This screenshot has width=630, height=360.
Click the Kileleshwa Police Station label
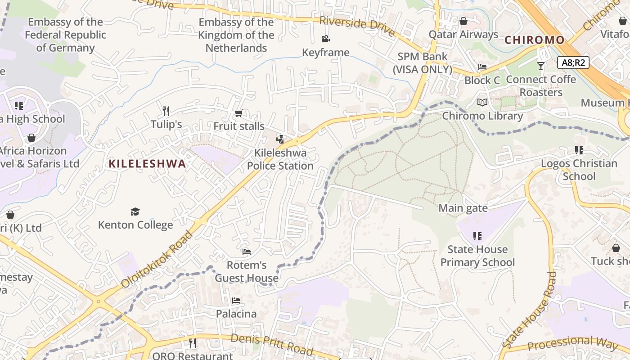(280, 159)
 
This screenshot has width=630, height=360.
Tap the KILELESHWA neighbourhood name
(147, 164)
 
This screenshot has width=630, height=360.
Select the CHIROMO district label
(534, 40)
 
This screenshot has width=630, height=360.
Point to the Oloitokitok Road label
(157, 259)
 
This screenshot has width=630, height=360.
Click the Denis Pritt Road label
(272, 344)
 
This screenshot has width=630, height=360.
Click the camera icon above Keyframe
(325, 39)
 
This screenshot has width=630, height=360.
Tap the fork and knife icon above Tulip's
(166, 111)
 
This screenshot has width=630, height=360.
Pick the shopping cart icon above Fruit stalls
(238, 113)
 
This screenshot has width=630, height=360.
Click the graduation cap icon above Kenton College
(135, 211)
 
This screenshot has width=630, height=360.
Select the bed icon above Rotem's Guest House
(246, 252)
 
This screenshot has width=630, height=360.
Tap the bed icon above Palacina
(236, 301)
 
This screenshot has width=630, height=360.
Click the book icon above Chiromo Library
(482, 103)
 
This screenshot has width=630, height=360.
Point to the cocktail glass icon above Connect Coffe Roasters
(541, 66)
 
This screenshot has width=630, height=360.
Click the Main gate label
(463, 208)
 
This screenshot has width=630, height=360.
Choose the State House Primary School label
(477, 256)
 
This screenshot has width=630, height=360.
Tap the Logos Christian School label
(579, 170)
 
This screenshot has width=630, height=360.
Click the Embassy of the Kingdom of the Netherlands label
(236, 35)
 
